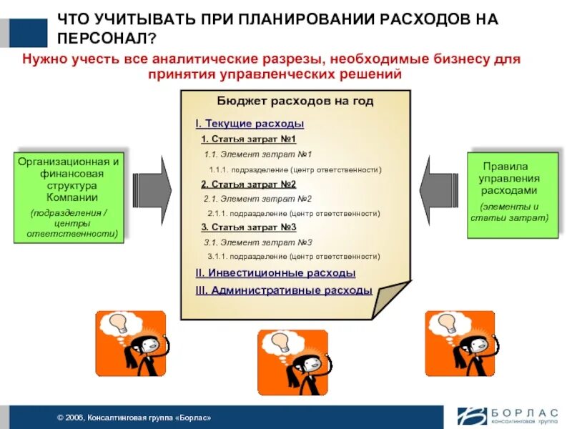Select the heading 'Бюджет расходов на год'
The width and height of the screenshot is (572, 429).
pos(295,102)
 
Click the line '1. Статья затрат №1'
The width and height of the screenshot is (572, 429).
pos(248,139)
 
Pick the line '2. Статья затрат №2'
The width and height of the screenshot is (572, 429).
pos(248,184)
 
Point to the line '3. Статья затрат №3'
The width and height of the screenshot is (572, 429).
pos(248,227)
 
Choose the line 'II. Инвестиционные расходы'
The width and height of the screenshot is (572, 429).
pos(275,273)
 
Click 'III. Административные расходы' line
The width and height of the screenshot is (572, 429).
pos(284,290)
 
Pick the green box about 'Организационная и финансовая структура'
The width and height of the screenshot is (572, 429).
pos(69,197)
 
